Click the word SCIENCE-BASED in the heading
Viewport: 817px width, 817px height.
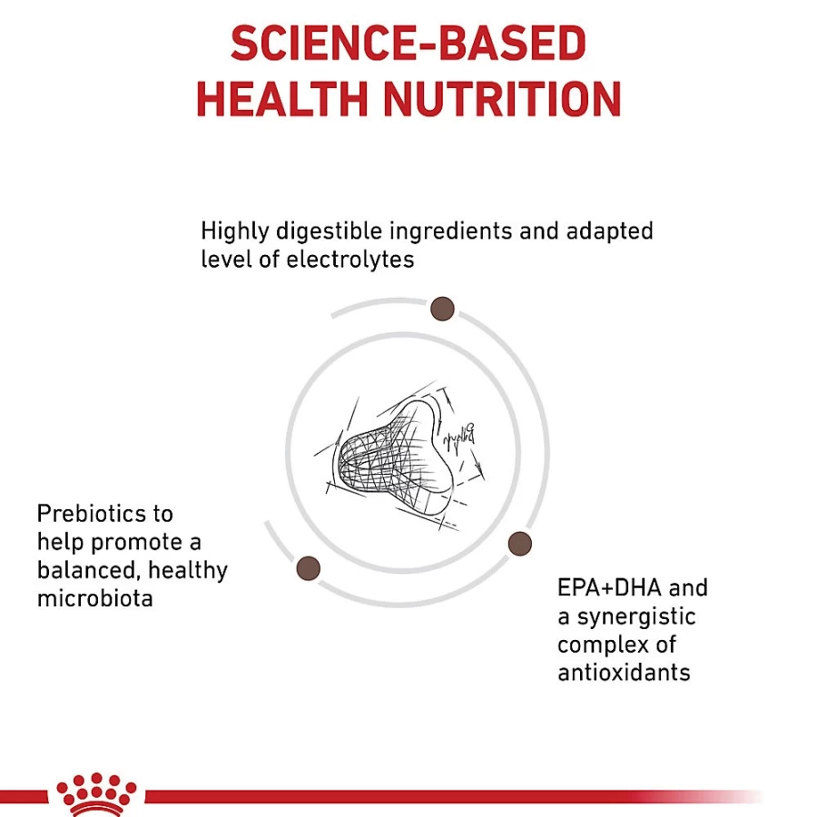click(x=408, y=44)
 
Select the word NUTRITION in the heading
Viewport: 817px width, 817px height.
click(x=502, y=99)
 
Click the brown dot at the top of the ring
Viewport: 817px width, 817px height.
click(x=442, y=309)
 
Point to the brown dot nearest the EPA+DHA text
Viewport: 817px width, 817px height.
click(x=519, y=544)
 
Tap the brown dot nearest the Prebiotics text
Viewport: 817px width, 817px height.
click(x=308, y=568)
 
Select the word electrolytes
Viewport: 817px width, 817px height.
click(x=350, y=260)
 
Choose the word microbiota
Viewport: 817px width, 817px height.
click(x=94, y=599)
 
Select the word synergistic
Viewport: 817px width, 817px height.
click(x=636, y=617)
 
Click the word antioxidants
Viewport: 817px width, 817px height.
click(x=624, y=673)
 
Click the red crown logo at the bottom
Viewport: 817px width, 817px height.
click(x=96, y=795)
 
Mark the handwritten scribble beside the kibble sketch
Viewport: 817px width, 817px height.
click(x=458, y=437)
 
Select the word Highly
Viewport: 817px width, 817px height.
click(x=234, y=231)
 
